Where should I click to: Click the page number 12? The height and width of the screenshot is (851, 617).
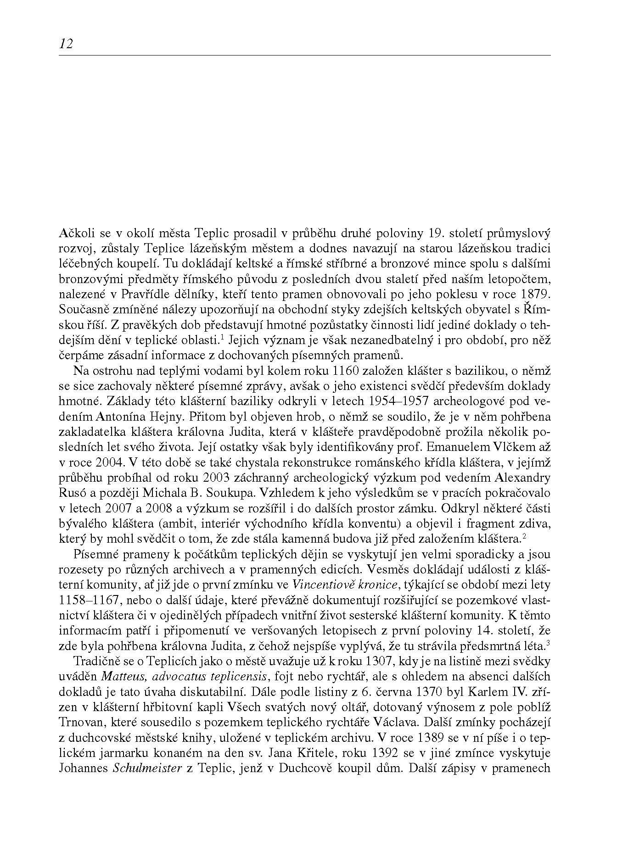pos(66,44)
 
